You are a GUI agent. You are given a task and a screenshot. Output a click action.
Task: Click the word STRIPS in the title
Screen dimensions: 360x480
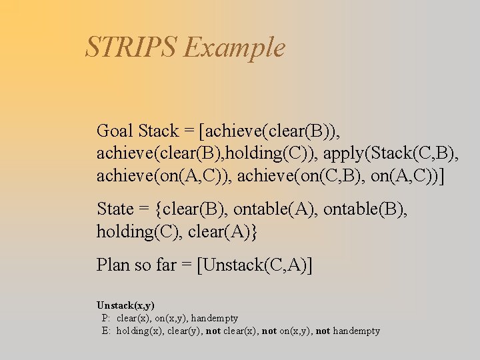click(131, 47)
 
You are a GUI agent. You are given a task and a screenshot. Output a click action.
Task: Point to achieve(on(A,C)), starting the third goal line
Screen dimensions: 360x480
click(164, 177)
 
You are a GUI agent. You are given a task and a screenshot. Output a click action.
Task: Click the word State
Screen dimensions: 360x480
click(115, 209)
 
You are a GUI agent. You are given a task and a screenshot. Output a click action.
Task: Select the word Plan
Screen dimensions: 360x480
click(113, 265)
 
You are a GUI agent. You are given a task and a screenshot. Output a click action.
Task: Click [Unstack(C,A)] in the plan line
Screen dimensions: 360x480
click(255, 265)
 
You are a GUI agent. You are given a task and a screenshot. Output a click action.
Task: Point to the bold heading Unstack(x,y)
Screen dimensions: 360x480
click(125, 305)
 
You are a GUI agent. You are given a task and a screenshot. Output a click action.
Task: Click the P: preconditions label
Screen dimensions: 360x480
click(106, 318)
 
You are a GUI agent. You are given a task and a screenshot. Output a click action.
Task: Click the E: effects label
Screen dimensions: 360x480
click(106, 331)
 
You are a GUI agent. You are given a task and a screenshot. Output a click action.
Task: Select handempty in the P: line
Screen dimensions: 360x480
click(214, 318)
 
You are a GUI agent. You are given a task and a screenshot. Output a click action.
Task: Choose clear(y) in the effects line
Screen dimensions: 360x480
click(183, 331)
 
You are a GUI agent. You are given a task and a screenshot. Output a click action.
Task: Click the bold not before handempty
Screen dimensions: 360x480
click(323, 331)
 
